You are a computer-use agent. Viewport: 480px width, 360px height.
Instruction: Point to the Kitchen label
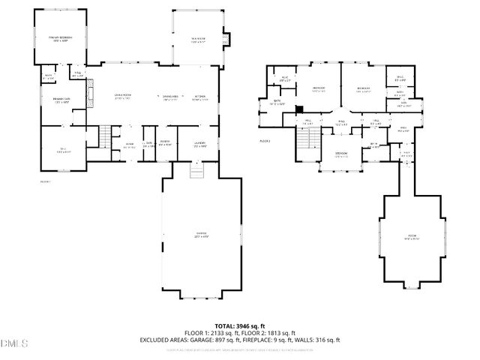coord(200,97)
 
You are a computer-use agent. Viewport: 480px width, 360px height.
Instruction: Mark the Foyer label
coord(130,144)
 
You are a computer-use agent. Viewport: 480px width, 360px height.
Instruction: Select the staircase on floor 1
coord(105,136)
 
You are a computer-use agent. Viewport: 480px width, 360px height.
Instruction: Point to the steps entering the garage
coord(196,172)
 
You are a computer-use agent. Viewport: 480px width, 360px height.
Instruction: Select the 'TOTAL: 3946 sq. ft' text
coord(240,325)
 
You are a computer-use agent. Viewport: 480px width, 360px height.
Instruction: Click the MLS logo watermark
coord(13,343)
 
